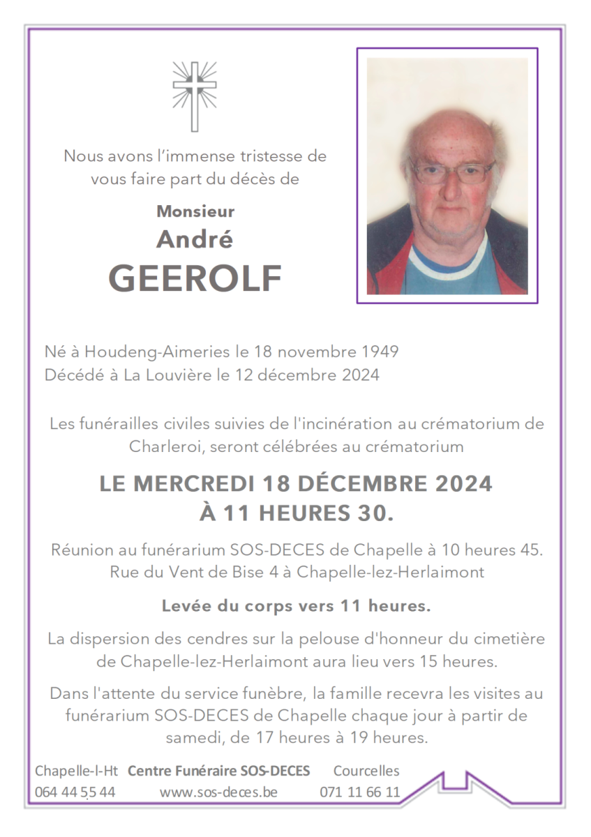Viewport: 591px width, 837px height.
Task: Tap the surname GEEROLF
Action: pos(195,279)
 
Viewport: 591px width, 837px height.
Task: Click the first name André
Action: pos(195,239)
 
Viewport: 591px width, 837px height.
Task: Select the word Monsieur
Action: pos(195,211)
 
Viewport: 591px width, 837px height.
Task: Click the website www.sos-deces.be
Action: pos(218,792)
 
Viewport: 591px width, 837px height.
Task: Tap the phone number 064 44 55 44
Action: pos(75,792)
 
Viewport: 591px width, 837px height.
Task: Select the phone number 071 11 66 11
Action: pos(360,792)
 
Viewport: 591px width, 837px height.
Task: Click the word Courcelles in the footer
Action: pos(366,771)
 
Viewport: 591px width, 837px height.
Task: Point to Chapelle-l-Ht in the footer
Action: pos(76,771)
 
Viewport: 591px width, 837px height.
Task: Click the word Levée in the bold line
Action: pos(181,606)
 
